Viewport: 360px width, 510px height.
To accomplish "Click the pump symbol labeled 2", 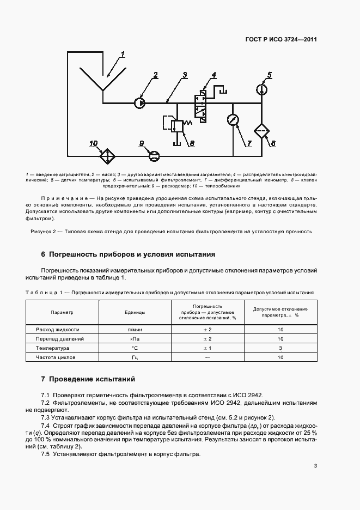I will (140, 102).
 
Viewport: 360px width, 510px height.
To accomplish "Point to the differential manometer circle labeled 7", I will (234, 120).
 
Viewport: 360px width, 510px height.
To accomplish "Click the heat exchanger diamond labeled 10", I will (107, 155).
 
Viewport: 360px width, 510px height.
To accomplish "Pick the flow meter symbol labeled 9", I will (154, 156).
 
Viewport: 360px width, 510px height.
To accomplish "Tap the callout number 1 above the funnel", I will (123, 54).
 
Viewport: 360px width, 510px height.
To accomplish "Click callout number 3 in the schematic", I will (185, 75).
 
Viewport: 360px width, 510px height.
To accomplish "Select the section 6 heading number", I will (43, 254).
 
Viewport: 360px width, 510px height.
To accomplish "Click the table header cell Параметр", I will (62, 312).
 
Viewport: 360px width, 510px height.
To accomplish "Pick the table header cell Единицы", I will (135, 312).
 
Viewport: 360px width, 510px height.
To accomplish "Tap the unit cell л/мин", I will (135, 330).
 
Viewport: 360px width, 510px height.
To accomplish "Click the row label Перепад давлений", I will (59, 339).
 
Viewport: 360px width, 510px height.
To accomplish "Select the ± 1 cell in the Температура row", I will (208, 348).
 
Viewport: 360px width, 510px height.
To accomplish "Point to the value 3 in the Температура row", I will (280, 348).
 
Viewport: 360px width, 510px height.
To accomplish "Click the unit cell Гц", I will (135, 357).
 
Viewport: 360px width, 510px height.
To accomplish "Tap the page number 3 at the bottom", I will (315, 466).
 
